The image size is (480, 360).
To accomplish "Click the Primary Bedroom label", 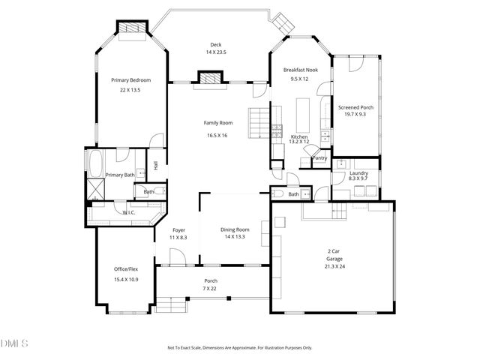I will (130, 80).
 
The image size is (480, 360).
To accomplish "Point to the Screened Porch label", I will (355, 107).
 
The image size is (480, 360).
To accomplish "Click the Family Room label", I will (218, 122).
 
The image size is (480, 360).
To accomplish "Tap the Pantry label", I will (319, 158).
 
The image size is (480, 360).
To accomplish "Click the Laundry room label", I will (358, 172).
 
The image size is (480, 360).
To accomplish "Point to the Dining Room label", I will (235, 229).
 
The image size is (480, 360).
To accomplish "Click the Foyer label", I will (178, 229).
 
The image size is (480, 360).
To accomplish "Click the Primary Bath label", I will (120, 175).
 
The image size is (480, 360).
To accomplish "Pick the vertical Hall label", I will (155, 166).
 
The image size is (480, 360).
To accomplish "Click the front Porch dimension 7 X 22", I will (211, 289).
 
